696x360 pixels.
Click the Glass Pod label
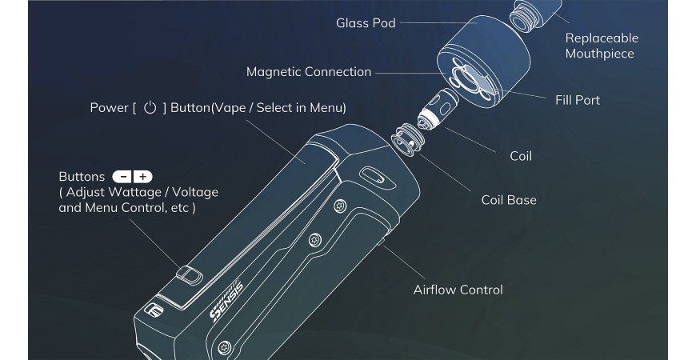(x=365, y=22)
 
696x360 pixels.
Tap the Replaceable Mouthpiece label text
(x=601, y=46)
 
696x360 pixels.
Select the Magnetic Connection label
(x=309, y=72)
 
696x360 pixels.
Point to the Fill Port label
(x=577, y=100)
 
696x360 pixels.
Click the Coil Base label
(x=508, y=200)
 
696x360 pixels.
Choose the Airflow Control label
(x=458, y=290)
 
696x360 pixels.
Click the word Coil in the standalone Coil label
(x=520, y=156)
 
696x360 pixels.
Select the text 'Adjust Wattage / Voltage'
(x=142, y=192)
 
